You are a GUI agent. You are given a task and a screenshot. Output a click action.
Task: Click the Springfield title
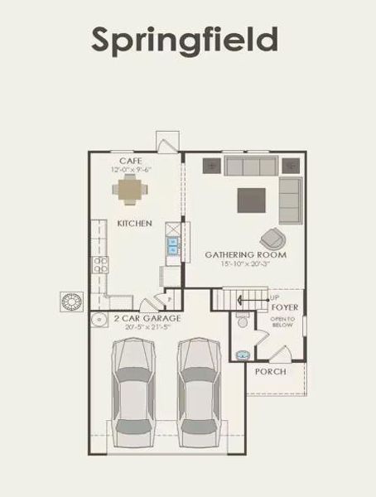point(184,38)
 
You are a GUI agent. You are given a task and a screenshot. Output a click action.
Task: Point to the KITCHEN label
point(133,224)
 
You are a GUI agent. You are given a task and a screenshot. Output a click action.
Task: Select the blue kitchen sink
point(174,244)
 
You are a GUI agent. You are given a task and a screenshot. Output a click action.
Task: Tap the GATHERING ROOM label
point(246,255)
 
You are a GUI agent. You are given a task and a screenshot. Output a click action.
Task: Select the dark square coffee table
point(252,200)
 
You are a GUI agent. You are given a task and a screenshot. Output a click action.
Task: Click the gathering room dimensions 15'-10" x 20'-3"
point(246,264)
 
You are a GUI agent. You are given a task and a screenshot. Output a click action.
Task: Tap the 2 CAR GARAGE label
point(137,318)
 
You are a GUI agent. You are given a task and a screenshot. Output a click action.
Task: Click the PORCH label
point(271,372)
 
